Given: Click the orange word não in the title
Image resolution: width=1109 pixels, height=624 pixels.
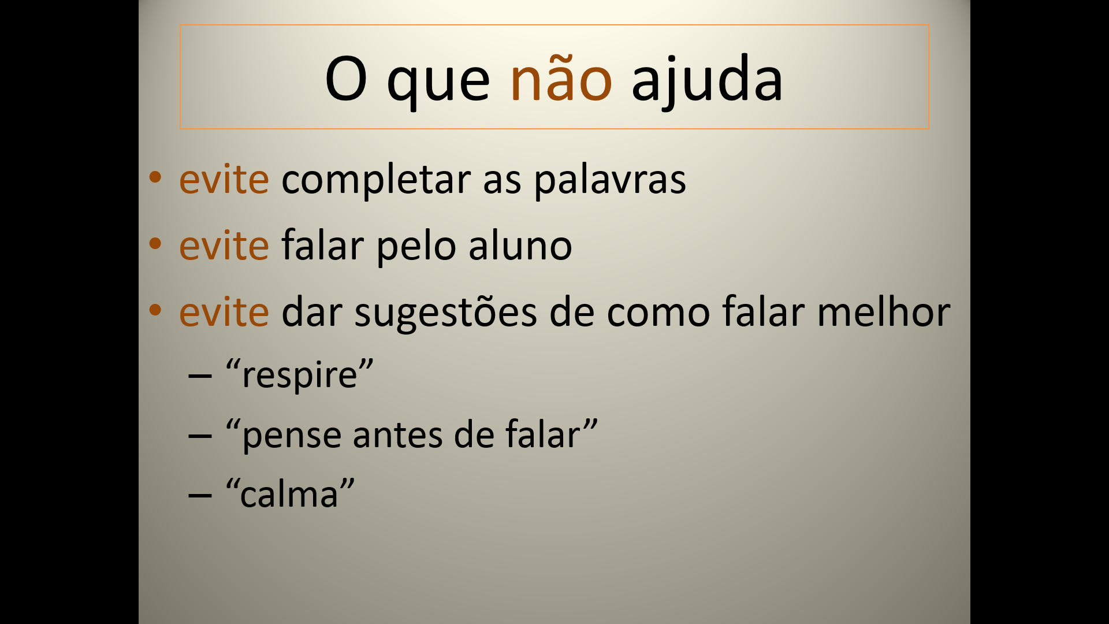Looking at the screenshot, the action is pos(561,77).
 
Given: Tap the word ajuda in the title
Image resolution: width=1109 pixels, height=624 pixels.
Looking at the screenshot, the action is pos(707,81).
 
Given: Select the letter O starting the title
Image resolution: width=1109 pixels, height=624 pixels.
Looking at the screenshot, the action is pos(346,79).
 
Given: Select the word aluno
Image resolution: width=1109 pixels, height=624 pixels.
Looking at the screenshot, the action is pos(520,245).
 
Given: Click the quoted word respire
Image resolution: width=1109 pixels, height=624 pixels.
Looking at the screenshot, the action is pos(300,375).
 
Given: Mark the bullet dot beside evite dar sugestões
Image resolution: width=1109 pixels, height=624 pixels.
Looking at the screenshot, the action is pos(155,310).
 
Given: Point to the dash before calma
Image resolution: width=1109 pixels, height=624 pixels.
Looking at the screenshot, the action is pos(200,495).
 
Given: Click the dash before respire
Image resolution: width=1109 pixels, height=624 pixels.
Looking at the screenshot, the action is pos(200,376).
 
